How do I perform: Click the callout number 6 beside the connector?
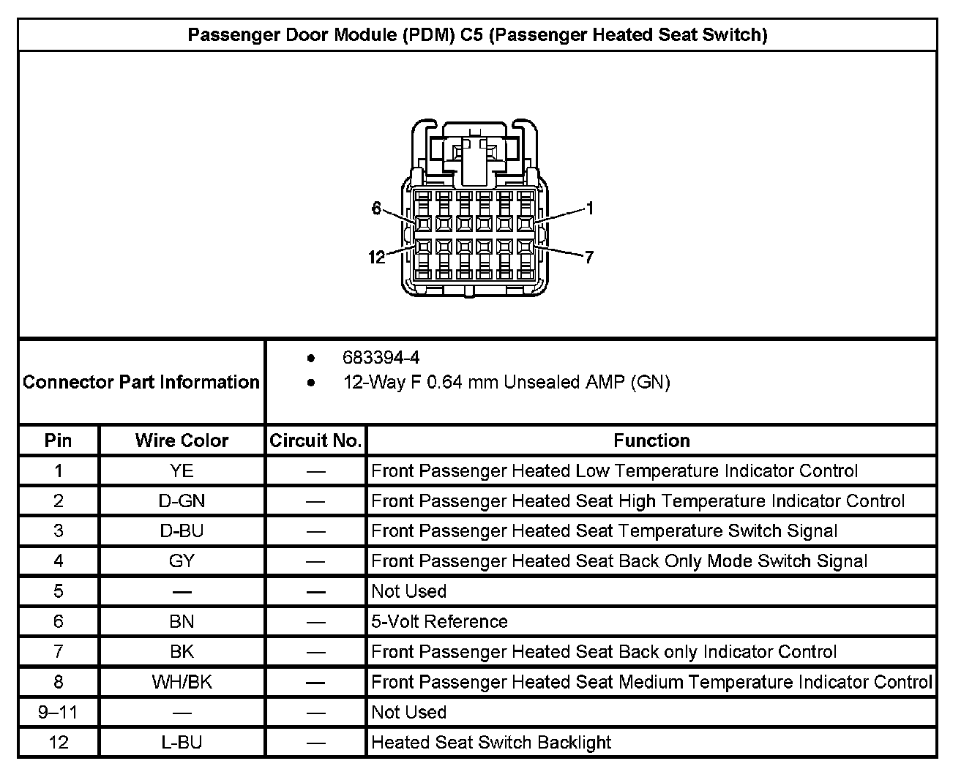(376, 209)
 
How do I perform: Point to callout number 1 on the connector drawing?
(590, 209)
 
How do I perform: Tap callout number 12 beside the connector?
(376, 257)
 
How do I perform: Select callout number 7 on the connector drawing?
(588, 257)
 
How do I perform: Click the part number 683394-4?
(381, 358)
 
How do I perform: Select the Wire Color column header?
(182, 440)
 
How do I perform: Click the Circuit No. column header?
(315, 440)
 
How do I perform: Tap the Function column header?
(651, 440)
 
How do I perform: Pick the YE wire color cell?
(182, 470)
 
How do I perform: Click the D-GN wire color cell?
(182, 501)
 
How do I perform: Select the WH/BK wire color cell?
(182, 682)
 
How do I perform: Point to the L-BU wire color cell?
(182, 742)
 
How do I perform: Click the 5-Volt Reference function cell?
(439, 622)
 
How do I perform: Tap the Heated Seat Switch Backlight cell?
(491, 742)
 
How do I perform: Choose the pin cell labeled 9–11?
(59, 712)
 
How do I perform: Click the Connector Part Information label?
(141, 382)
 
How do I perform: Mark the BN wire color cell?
(182, 622)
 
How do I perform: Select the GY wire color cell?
(182, 561)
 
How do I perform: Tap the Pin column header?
(59, 440)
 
